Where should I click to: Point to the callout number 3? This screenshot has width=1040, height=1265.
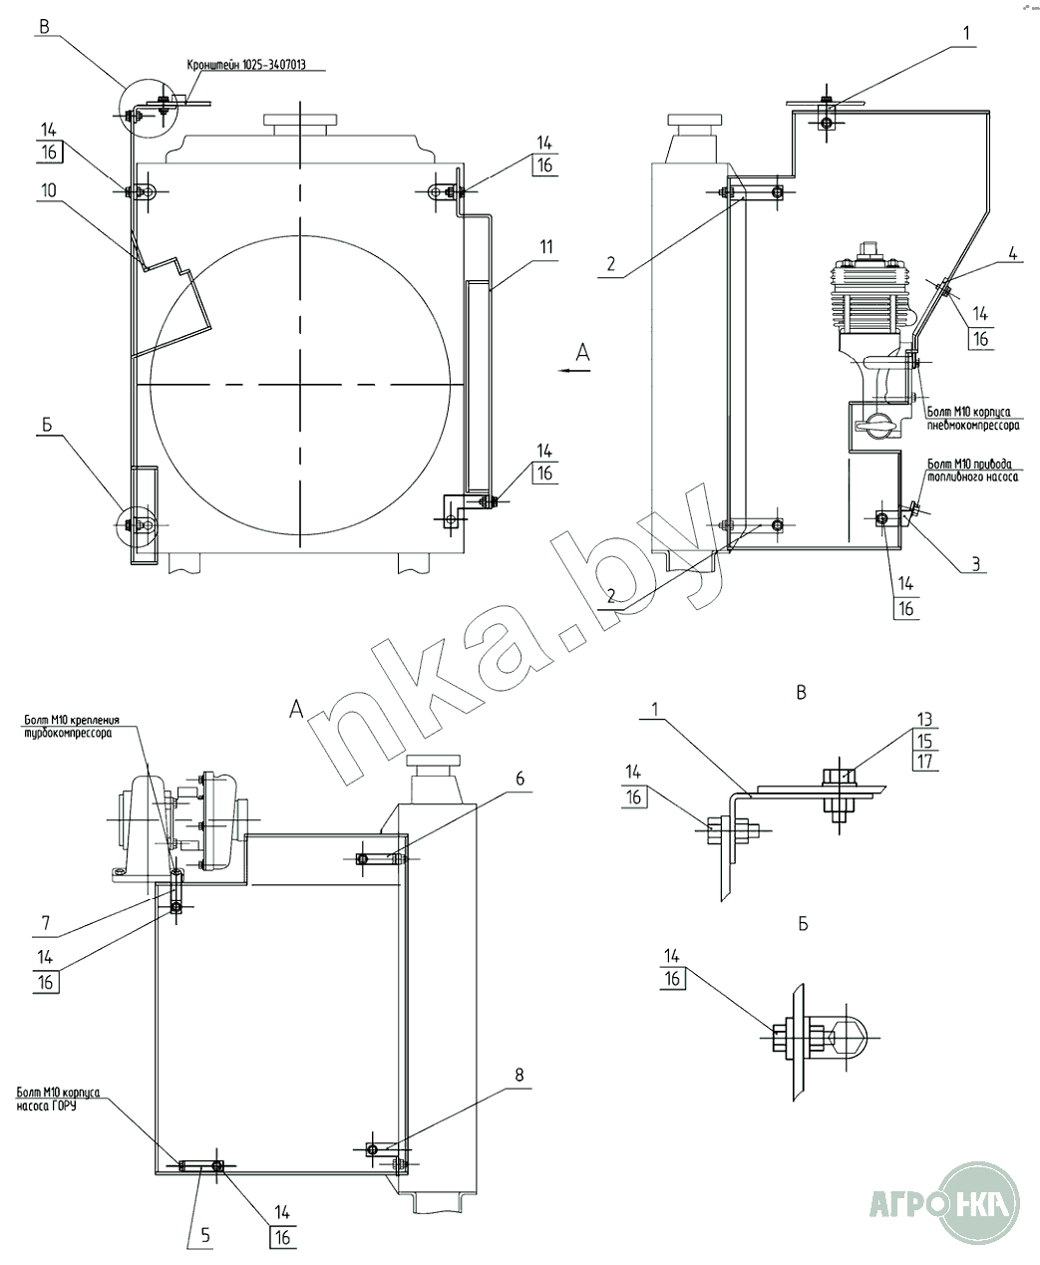point(977,565)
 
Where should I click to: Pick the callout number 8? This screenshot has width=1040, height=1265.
point(519,1077)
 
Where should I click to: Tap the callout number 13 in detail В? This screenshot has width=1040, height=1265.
point(924,721)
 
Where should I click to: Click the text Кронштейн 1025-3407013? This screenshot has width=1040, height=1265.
point(246,66)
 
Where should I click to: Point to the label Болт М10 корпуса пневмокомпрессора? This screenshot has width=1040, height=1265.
point(972,418)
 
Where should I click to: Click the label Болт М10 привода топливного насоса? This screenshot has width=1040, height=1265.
point(972,471)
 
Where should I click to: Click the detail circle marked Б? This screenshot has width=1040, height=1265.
point(136,524)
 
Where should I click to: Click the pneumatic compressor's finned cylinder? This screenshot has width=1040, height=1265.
point(874,295)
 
